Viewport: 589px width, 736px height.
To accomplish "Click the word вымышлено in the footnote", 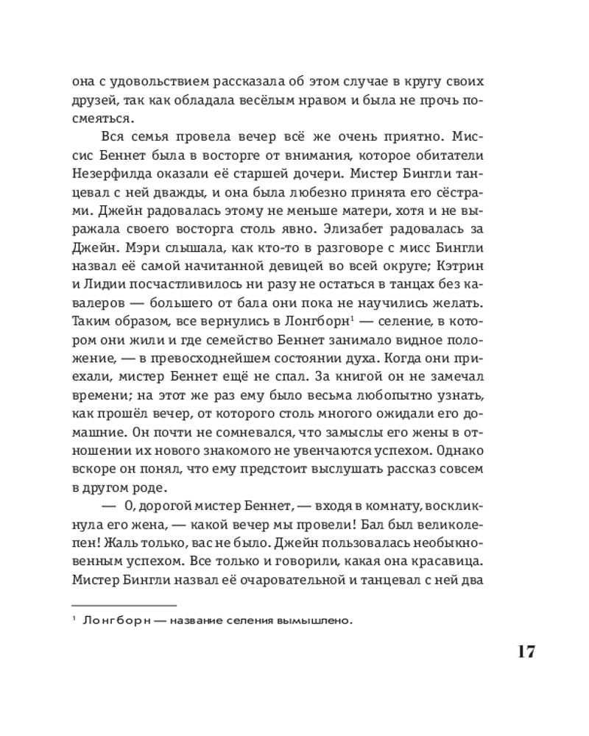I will tap(314, 620).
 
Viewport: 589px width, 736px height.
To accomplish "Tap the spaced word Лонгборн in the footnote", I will tap(119, 620).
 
